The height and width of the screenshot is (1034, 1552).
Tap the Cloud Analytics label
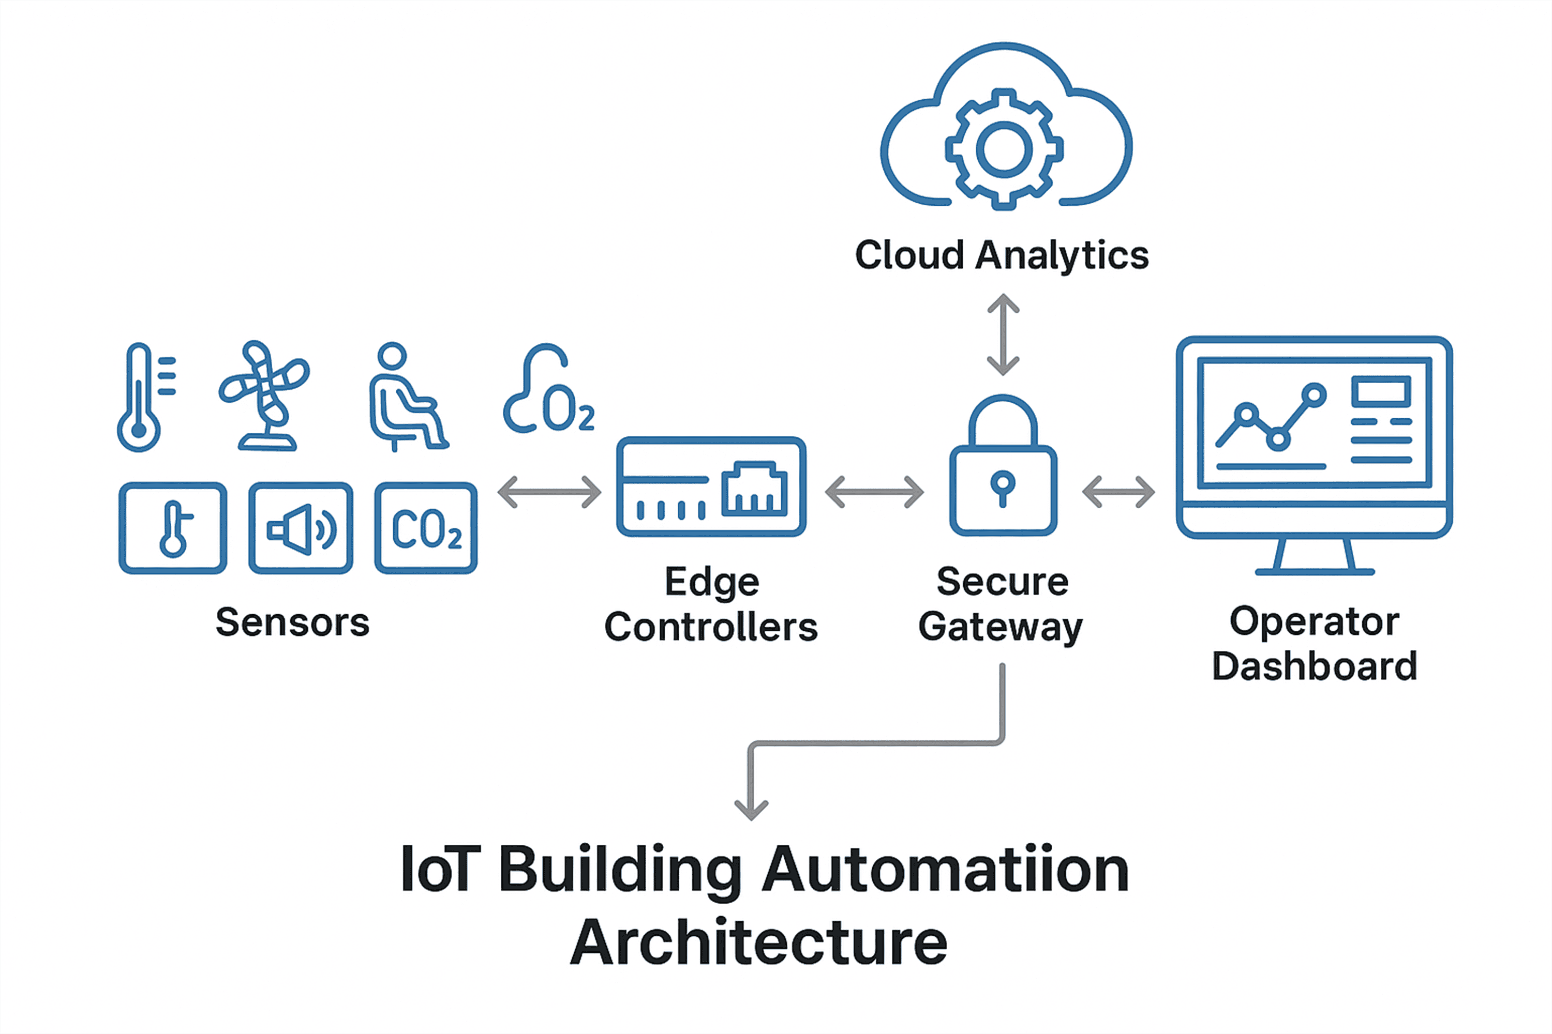pos(1002,255)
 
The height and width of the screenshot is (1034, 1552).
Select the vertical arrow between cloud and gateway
pos(1003,334)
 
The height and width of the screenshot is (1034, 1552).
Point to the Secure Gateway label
pos(1001,603)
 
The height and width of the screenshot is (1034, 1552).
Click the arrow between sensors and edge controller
pos(549,492)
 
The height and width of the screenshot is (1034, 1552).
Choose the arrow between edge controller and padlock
pos(874,492)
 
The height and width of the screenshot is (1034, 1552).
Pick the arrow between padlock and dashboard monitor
pos(1118,492)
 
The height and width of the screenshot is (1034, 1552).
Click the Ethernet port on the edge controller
pos(754,489)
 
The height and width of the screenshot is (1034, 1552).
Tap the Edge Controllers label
pos(711,603)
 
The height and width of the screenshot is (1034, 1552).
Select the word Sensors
pos(292,622)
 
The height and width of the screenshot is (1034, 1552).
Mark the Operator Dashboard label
pos(1315,643)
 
